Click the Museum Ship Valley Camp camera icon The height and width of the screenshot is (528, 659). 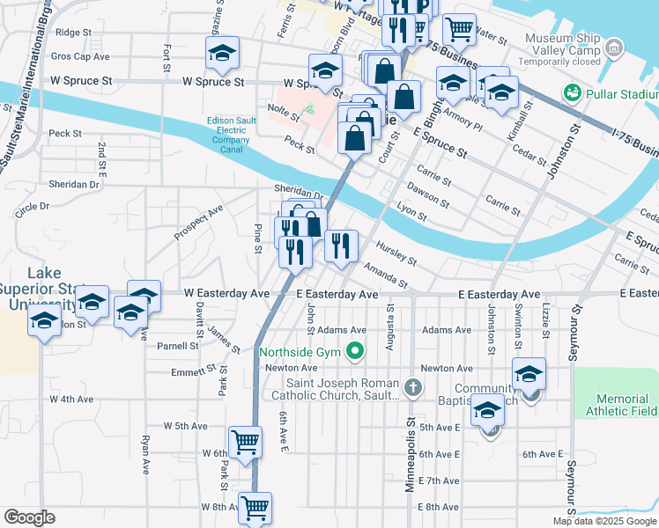coord(615,46)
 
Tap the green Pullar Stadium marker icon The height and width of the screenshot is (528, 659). coord(572,92)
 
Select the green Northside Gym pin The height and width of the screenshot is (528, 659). coord(356,352)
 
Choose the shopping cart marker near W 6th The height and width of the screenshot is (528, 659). coord(245,441)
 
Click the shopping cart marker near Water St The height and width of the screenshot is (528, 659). coord(458,29)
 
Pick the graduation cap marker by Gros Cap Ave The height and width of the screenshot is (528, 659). coord(223,53)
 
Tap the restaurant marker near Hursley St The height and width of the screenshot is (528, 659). coord(341,246)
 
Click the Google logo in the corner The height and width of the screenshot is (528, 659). coord(29,517)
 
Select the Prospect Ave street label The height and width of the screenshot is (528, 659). coord(198,224)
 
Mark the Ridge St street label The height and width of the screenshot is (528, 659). coord(73,32)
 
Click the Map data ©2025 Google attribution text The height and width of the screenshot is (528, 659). coord(603,521)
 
